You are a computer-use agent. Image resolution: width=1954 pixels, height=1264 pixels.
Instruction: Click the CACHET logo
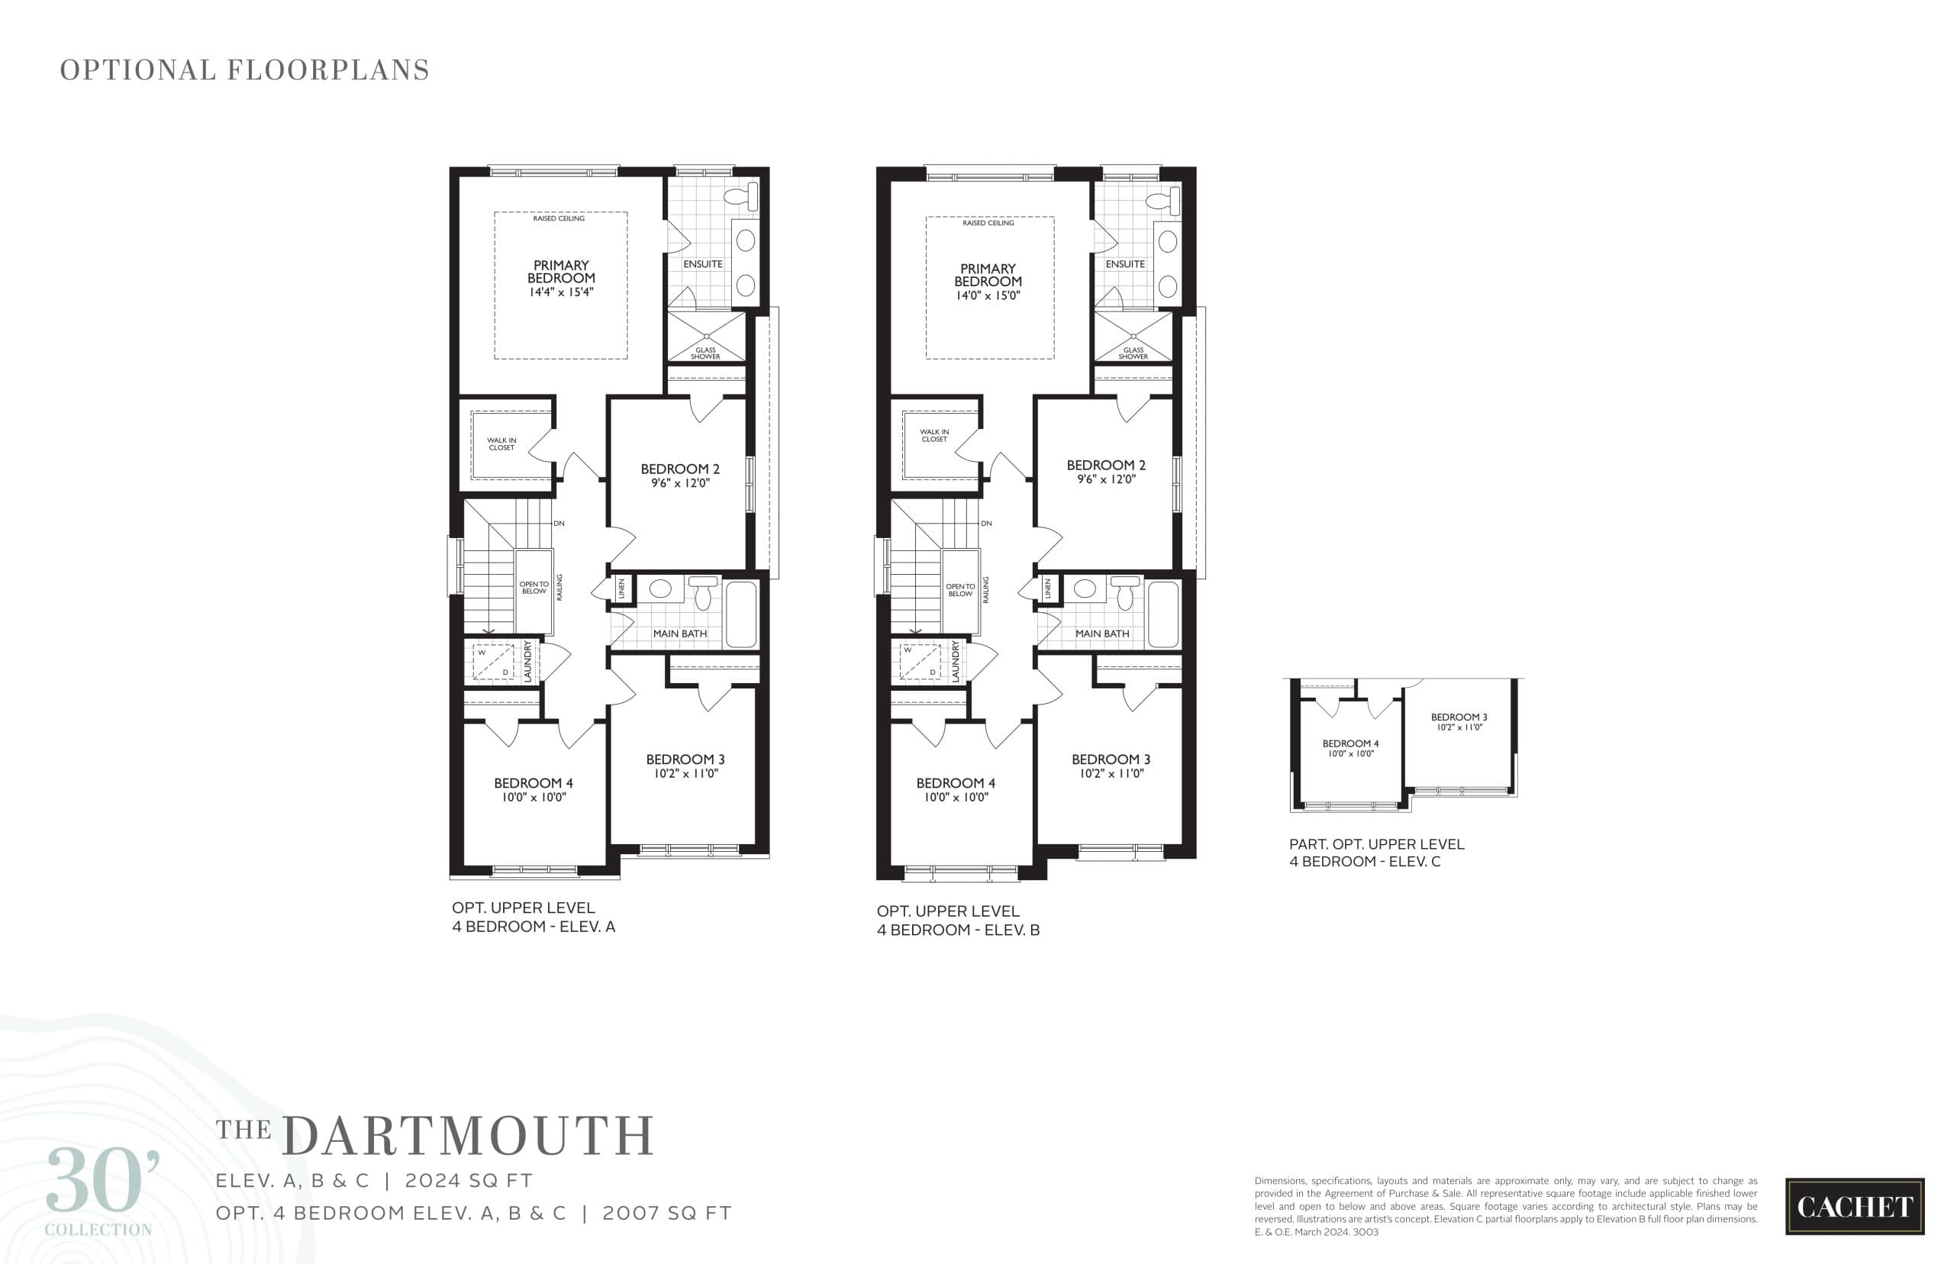click(1854, 1206)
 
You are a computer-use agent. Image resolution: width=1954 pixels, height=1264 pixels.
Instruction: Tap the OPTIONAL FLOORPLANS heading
click(244, 70)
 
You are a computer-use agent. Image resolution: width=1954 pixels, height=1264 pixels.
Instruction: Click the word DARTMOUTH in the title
click(468, 1136)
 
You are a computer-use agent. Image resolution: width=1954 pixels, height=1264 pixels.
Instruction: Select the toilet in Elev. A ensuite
click(744, 196)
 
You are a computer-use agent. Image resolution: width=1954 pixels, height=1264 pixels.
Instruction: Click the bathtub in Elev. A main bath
click(741, 614)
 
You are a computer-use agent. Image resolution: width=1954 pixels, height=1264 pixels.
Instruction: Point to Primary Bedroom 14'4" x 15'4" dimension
click(561, 292)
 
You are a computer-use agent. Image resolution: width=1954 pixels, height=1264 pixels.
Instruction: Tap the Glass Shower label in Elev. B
click(1133, 353)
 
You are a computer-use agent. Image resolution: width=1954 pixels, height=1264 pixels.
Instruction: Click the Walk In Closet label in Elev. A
click(501, 444)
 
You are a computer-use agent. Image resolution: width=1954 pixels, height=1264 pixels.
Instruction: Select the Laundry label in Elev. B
click(956, 661)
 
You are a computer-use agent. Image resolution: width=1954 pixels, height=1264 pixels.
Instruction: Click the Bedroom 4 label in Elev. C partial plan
click(1350, 743)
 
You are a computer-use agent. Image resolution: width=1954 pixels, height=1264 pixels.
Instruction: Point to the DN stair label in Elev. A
click(559, 524)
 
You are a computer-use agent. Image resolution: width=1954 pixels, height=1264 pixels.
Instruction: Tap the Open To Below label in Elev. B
click(960, 589)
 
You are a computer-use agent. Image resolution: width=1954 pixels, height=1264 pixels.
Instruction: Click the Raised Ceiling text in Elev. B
click(988, 223)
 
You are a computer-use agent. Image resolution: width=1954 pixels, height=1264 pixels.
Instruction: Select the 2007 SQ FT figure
click(666, 1213)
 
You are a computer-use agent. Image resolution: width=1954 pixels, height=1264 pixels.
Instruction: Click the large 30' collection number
click(102, 1182)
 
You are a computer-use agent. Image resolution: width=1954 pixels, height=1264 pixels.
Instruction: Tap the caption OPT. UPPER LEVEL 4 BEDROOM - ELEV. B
click(958, 920)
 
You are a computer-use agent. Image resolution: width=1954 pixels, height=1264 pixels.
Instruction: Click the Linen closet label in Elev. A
click(621, 588)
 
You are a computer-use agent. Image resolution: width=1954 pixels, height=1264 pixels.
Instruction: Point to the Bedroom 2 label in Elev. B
click(1105, 466)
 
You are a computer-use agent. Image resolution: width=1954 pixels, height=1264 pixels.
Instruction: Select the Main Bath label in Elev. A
click(679, 634)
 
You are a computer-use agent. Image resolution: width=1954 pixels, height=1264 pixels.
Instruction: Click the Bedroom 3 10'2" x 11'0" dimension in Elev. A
click(685, 773)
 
